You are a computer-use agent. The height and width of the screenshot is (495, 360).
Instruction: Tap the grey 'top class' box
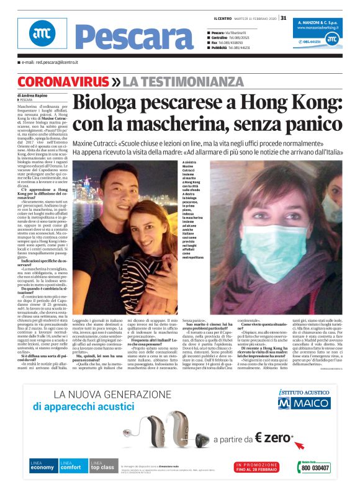(x=102, y=466)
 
